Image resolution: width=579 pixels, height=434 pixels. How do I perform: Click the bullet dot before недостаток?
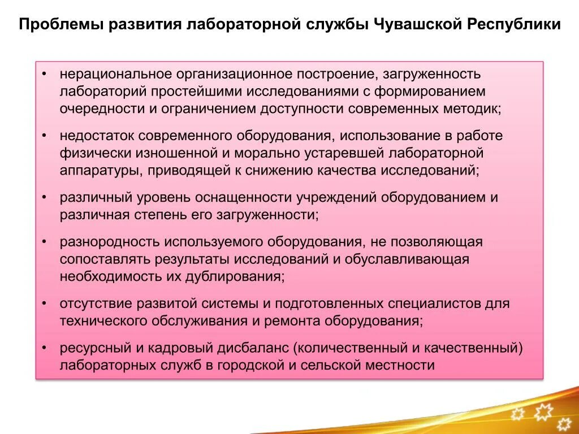click(45, 136)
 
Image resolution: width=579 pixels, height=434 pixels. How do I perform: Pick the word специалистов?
click(434, 303)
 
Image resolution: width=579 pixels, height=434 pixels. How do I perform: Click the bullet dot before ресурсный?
click(45, 348)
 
